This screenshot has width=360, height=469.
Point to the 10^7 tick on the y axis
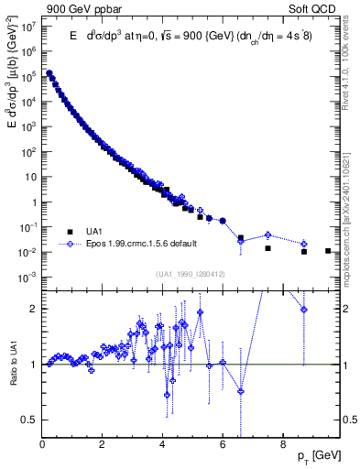27,27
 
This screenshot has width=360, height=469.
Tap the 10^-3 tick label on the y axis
27,277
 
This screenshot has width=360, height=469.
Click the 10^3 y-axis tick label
28,126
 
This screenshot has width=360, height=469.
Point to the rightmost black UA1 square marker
328,250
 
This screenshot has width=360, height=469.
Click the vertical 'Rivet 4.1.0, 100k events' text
351,60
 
